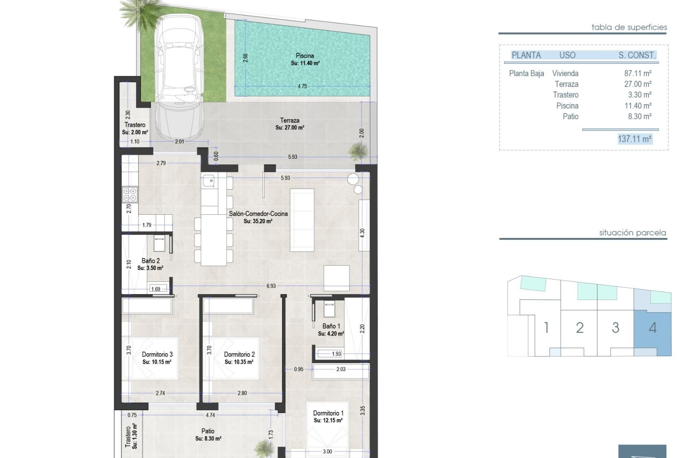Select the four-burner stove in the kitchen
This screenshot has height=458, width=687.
(x=130, y=195)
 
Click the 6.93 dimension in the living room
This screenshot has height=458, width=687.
(x=271, y=286)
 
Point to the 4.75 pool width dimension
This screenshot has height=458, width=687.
(x=302, y=86)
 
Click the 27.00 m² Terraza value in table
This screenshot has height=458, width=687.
(x=638, y=84)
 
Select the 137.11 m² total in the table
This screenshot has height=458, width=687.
(x=634, y=139)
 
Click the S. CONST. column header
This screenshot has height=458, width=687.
(x=637, y=55)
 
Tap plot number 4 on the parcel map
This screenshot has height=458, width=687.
(x=653, y=328)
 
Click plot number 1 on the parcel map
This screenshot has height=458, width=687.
(x=546, y=328)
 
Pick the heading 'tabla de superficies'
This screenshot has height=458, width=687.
(x=629, y=27)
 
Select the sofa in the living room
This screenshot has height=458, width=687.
(x=302, y=220)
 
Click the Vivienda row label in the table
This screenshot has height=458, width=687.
(x=565, y=73)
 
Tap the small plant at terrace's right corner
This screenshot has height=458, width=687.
(x=357, y=151)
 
